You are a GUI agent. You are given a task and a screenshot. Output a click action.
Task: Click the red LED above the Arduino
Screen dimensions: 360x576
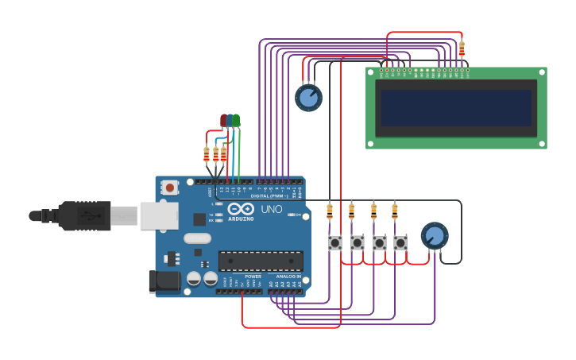click(224, 121)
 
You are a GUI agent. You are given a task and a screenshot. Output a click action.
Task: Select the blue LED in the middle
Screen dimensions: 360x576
click(230, 121)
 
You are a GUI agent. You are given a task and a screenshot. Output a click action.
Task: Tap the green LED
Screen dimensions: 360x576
click(236, 121)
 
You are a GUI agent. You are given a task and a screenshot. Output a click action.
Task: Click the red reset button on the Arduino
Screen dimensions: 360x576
click(169, 188)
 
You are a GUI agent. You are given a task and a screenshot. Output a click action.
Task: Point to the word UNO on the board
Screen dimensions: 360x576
click(272, 210)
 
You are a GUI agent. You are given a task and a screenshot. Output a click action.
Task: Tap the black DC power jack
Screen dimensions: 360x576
click(164, 281)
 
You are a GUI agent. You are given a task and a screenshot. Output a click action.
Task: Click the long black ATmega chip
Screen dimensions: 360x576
click(261, 261)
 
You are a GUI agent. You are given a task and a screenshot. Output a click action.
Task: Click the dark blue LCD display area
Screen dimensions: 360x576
click(456, 108)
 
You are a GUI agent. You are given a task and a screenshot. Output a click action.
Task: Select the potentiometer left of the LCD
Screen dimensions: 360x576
click(308, 98)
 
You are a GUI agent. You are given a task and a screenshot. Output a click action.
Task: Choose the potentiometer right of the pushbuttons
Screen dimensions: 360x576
click(434, 236)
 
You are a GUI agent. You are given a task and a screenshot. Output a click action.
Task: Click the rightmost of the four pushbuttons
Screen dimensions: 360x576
click(400, 242)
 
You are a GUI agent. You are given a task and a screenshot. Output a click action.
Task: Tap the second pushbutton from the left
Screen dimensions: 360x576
click(358, 242)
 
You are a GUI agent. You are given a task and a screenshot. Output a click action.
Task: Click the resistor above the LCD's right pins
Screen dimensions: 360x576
click(462, 49)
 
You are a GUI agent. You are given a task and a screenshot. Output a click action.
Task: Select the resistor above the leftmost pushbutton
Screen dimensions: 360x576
click(330, 211)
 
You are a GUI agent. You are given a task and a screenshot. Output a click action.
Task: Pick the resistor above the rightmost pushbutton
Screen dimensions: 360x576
click(395, 211)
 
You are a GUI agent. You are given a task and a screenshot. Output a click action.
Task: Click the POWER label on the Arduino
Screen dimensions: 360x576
click(253, 276)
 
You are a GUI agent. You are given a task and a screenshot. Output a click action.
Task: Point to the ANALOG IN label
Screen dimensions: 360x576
click(288, 276)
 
